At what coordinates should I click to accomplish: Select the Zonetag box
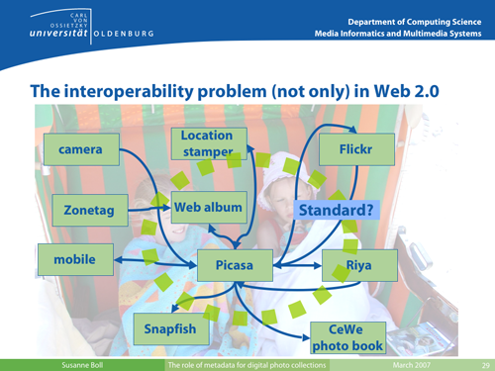click(x=86, y=210)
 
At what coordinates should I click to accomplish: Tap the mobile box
click(x=73, y=260)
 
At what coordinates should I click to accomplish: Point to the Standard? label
click(x=338, y=210)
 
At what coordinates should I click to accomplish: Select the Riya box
click(x=358, y=265)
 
